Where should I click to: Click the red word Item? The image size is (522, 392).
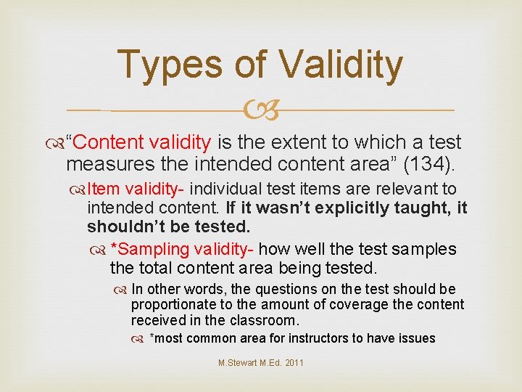coord(103,189)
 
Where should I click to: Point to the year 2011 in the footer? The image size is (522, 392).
coord(294,363)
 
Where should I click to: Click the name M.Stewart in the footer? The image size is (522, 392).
coord(236,363)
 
